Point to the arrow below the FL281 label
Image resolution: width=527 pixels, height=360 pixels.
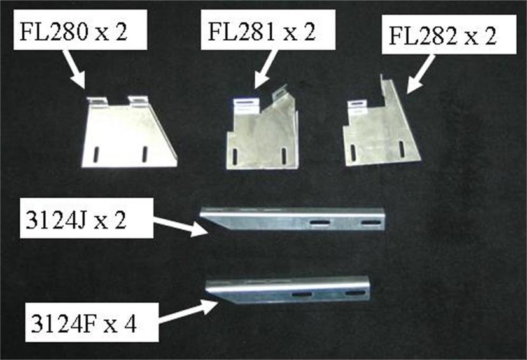click(266, 69)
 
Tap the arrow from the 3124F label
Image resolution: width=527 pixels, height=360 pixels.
click(188, 312)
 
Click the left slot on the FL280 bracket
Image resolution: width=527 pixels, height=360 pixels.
click(96, 155)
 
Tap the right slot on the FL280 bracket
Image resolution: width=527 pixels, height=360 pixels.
click(145, 154)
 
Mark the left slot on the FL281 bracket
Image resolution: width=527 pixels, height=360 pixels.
click(235, 155)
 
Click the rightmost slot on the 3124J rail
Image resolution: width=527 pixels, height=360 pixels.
click(370, 223)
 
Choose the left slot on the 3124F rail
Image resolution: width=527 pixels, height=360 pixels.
click(302, 294)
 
